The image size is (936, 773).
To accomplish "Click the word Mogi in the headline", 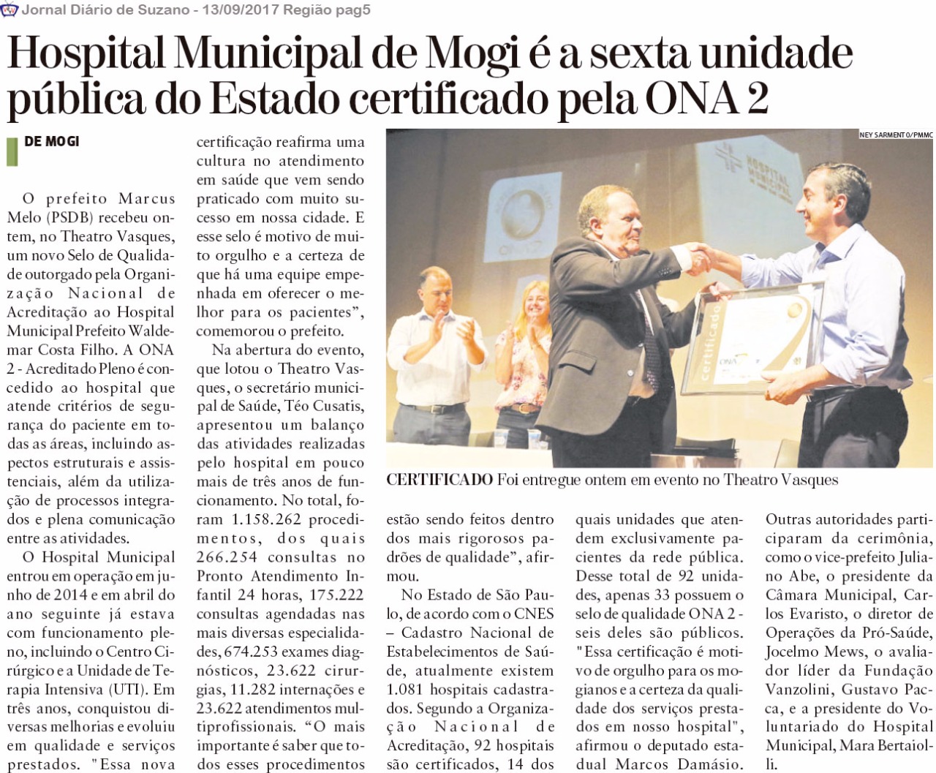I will pyautogui.click(x=472, y=55).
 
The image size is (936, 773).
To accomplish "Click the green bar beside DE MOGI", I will pyautogui.click(x=12, y=151).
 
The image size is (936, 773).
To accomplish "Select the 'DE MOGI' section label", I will pyautogui.click(x=52, y=141).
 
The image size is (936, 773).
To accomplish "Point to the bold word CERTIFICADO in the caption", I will pyautogui.click(x=439, y=480).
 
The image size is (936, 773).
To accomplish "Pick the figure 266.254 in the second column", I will pyautogui.click(x=227, y=557).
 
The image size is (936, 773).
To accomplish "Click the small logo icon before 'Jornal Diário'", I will pyautogui.click(x=10, y=10).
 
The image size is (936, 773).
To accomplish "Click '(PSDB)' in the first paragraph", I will pyautogui.click(x=70, y=217).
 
